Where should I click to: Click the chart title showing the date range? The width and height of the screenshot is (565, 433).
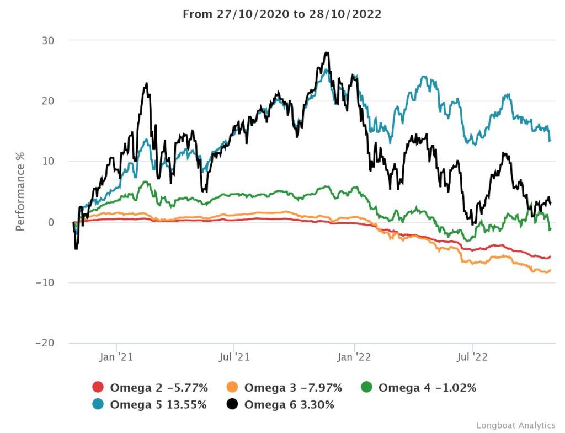click(282, 14)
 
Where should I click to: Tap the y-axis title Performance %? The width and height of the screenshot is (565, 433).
click(20, 191)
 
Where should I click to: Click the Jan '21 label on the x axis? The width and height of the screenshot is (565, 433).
click(116, 357)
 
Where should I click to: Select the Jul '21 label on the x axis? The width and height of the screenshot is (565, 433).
click(234, 357)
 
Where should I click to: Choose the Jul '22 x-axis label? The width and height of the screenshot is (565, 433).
click(472, 357)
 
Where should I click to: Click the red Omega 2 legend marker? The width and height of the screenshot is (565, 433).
click(98, 388)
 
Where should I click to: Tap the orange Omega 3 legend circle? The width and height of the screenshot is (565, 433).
click(232, 388)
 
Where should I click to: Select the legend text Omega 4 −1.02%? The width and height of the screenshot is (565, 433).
click(427, 388)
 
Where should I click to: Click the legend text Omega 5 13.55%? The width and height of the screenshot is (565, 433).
click(158, 404)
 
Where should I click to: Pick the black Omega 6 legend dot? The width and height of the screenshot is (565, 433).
click(232, 404)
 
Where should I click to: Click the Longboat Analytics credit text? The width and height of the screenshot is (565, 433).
click(516, 425)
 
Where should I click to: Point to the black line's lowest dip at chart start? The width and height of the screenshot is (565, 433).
click(76, 249)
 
